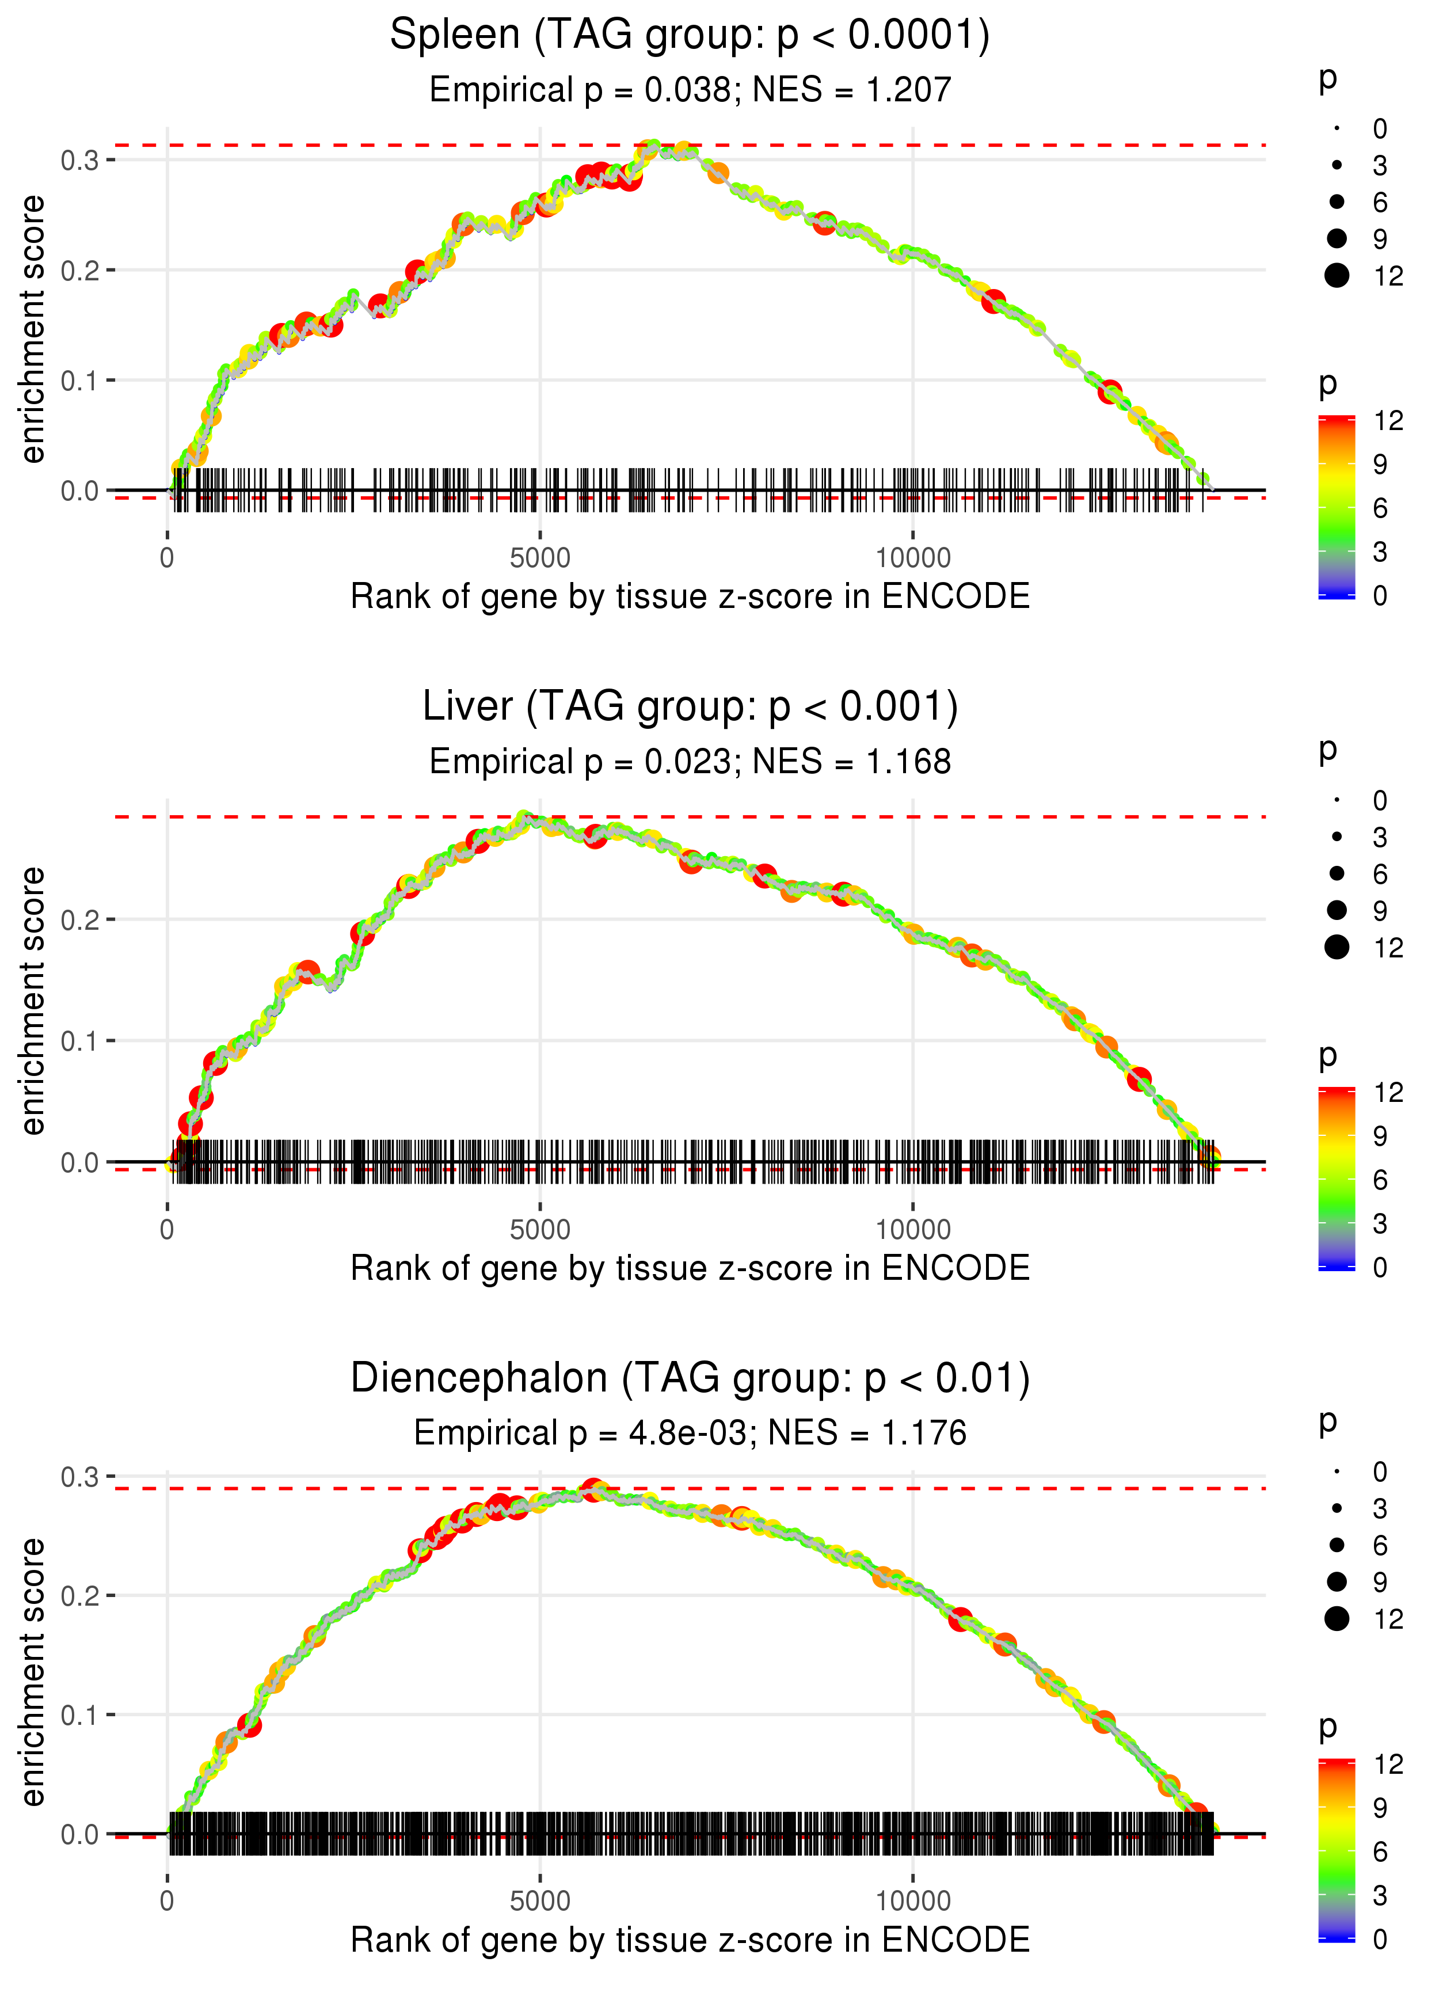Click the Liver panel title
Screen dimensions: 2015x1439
pos(690,707)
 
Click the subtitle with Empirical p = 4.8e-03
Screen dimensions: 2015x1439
pos(690,1433)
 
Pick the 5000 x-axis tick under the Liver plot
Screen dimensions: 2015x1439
pos(540,1229)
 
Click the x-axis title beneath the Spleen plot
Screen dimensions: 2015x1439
pos(690,596)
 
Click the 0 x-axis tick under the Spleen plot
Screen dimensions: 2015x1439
pos(167,558)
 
